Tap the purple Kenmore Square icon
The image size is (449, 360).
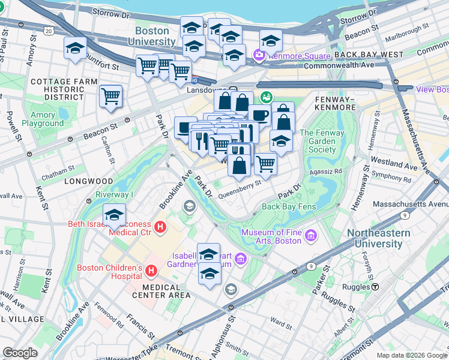259,56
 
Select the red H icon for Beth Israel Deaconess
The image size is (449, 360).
160,227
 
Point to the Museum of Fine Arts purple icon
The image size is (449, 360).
310,236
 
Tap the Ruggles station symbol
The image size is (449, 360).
375,287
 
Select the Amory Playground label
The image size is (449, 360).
43,119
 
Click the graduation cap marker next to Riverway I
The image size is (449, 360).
114,215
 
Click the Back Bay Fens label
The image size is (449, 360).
288,207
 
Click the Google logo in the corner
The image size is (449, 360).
20,353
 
